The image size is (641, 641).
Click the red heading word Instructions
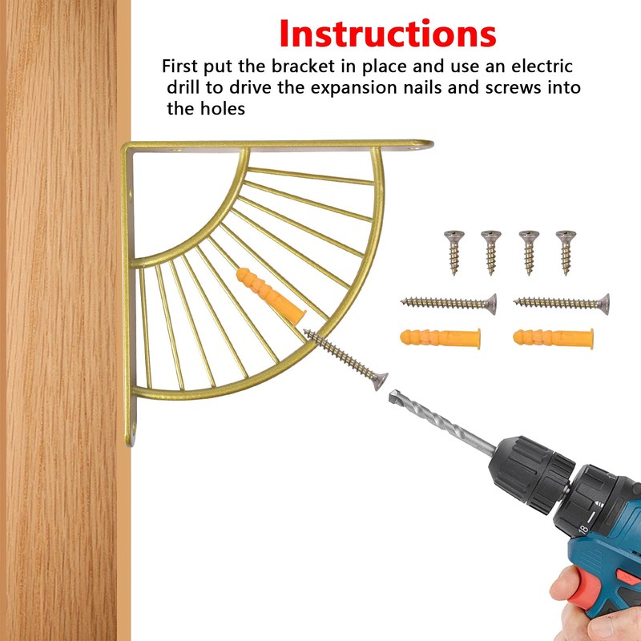(x=388, y=34)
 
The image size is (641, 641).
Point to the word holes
(x=223, y=109)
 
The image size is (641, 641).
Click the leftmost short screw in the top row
(x=454, y=252)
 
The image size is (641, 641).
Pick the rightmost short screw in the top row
(x=566, y=252)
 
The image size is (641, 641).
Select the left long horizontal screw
(x=449, y=304)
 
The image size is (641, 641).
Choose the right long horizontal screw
(x=562, y=304)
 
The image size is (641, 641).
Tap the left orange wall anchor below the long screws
(x=440, y=338)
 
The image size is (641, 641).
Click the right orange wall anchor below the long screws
(x=553, y=338)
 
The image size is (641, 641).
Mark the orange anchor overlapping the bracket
(x=271, y=296)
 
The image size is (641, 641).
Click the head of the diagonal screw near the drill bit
(x=380, y=381)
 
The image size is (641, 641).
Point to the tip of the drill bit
(x=392, y=394)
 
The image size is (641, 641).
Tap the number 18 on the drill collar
(x=583, y=530)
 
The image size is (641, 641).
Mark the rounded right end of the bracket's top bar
(x=426, y=144)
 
